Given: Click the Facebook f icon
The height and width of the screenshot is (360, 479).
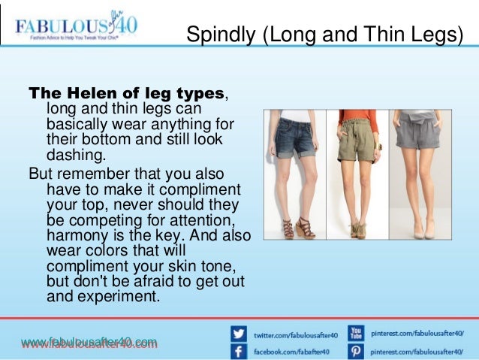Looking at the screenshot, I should point(239,351).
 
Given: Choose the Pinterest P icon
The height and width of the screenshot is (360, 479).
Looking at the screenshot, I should point(356,351).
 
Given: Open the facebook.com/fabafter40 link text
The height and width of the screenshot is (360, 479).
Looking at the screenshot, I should point(290,351).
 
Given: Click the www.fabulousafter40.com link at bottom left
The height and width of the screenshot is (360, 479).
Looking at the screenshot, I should point(89,343).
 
